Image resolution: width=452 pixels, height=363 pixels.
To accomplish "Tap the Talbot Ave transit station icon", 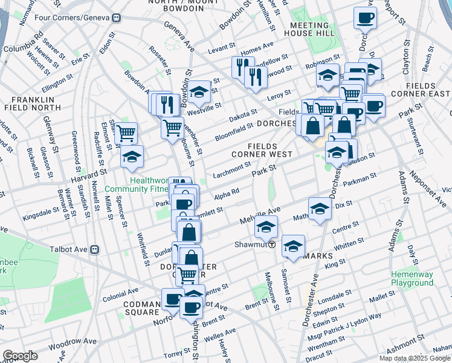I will click(94, 249).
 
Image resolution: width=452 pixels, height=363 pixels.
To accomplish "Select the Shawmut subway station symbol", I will click(273, 244).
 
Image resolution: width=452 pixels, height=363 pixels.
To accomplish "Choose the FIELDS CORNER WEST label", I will click(271, 150).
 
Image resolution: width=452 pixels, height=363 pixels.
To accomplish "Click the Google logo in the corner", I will click(20, 356).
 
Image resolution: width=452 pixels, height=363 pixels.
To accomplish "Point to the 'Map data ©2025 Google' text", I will click(415, 358).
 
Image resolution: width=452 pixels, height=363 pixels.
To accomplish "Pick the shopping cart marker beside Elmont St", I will click(126, 132).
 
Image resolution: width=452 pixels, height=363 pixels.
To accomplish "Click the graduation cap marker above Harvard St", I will click(132, 157).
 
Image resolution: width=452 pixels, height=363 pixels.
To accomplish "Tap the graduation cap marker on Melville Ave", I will click(265, 227).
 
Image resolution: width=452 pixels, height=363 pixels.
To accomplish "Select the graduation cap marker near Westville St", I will click(198, 92).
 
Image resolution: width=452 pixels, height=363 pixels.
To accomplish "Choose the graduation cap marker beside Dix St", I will click(320, 209).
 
